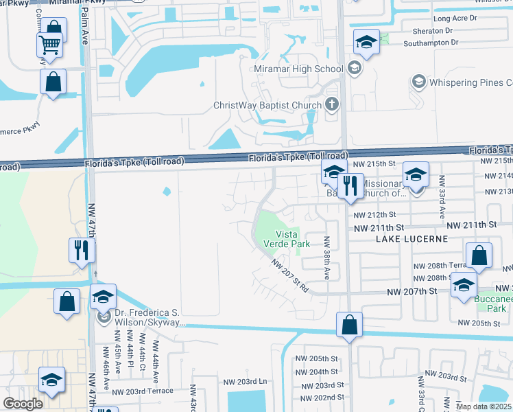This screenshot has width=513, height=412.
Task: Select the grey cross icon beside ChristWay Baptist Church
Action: coord(332,105)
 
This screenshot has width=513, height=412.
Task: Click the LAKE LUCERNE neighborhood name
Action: coord(411,238)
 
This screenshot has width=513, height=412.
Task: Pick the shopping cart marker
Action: coord(49,46)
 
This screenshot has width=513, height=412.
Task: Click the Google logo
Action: coord(23,403)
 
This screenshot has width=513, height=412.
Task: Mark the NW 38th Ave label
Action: coord(327,258)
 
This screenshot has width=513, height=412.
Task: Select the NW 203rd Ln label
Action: coord(244,381)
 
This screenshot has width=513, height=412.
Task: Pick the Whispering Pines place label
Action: coord(470,83)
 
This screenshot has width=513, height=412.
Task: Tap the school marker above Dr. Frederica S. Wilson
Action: coord(103,297)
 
